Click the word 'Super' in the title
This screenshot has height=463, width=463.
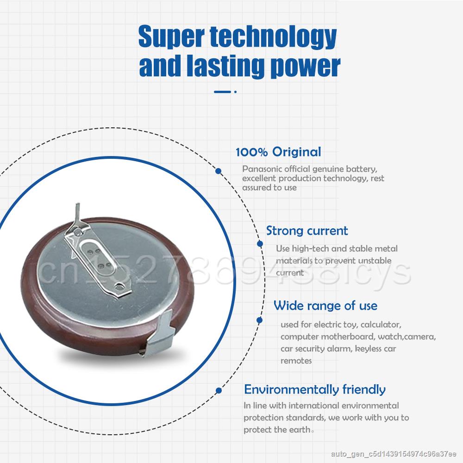171,37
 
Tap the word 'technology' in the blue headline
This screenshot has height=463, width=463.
273,38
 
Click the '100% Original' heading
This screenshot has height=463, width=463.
278,152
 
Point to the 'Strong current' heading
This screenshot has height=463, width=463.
307,231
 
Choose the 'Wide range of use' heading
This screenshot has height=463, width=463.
325,306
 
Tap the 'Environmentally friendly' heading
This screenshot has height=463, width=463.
315,390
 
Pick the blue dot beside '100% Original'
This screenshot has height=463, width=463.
219,171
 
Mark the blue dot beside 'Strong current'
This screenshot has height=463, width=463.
260,244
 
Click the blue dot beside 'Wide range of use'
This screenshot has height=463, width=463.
260,320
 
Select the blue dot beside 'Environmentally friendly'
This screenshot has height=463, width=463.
219,391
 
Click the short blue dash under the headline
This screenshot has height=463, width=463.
222,92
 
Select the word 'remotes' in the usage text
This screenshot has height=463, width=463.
296,361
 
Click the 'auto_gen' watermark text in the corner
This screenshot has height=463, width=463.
393,454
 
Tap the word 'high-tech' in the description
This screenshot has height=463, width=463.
310,249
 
